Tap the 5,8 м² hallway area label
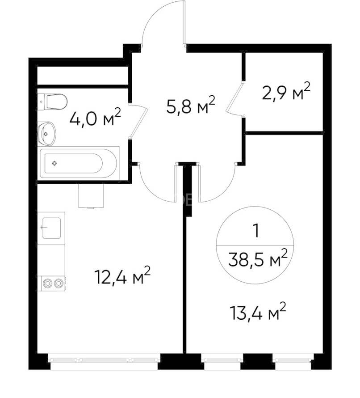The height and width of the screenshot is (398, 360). click(191, 105)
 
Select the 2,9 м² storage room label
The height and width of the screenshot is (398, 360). click(286, 91)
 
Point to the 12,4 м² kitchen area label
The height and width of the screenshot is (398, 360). click(122, 276)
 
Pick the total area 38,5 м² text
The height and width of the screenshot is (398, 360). click(258, 258)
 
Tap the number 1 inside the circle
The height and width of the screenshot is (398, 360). click(257, 231)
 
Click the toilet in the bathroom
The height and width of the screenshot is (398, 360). click(52, 102)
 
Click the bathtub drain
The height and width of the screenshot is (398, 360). click(54, 164)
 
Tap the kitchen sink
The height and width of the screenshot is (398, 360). click(51, 228)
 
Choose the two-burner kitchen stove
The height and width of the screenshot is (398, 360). click(52, 283)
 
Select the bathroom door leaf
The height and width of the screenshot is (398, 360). click(139, 121)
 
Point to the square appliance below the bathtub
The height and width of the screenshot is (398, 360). click(91, 195)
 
